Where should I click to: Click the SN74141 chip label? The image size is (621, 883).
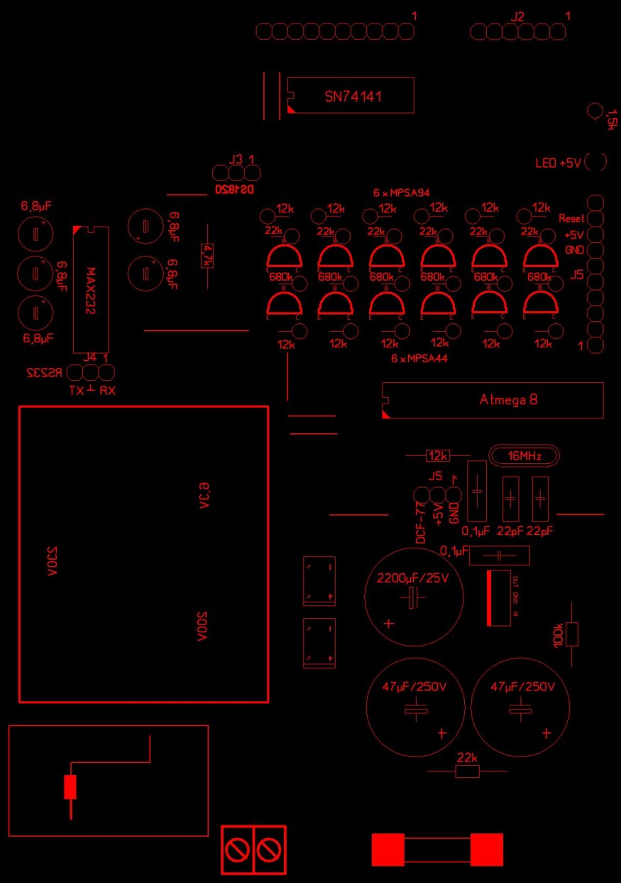[x=353, y=97]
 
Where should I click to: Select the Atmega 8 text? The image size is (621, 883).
[x=508, y=400]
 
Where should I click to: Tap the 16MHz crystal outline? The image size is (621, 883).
[x=522, y=455]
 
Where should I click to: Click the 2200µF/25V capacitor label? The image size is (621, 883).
[x=412, y=578]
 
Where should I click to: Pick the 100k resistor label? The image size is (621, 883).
[x=558, y=634]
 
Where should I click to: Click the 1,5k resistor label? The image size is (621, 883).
[x=612, y=119]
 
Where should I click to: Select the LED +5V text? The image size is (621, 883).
[x=558, y=163]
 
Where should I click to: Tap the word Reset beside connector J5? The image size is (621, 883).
[x=571, y=218]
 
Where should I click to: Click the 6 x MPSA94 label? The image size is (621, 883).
[x=402, y=193]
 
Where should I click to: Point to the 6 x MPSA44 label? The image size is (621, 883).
[x=419, y=359]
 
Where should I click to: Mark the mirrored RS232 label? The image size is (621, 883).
[x=45, y=372]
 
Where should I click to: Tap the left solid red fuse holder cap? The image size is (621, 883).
[x=388, y=850]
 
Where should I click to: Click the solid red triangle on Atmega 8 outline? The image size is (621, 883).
[x=386, y=413]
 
